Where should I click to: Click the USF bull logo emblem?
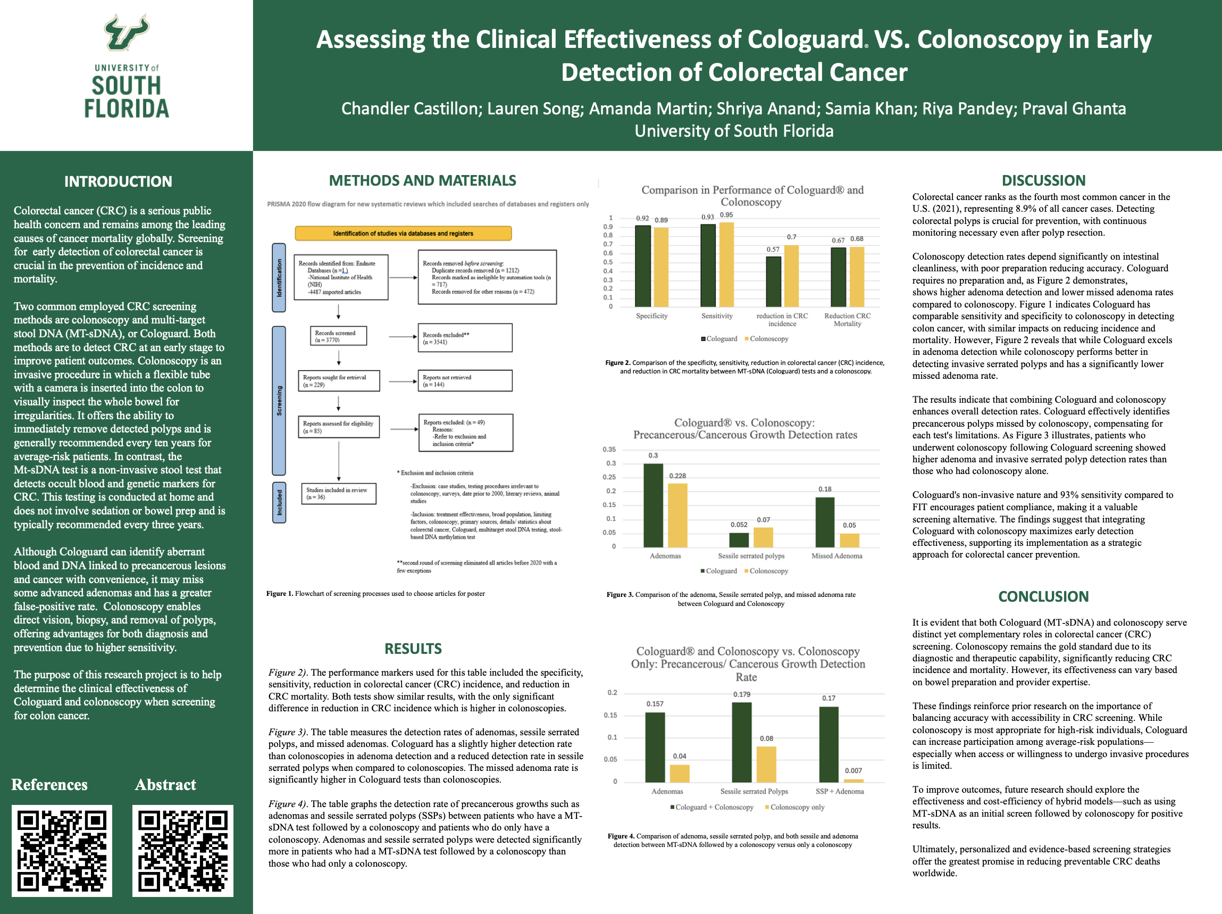[x=127, y=32]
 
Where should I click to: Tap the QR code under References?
[x=62, y=851]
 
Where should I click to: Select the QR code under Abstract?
[x=183, y=851]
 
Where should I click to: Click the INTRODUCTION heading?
[x=118, y=181]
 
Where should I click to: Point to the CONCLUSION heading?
[x=1043, y=596]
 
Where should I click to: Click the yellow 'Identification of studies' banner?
[x=403, y=233]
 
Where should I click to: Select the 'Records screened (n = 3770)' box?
[x=338, y=336]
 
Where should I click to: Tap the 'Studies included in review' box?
[x=338, y=494]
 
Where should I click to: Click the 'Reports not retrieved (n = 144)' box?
[x=465, y=381]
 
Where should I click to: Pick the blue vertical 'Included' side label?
[x=279, y=502]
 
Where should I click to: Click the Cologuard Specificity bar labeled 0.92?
[x=642, y=266]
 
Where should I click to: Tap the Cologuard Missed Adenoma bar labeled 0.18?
[x=825, y=522]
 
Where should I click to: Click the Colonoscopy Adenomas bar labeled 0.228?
[x=677, y=515]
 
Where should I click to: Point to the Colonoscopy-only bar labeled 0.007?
[x=853, y=780]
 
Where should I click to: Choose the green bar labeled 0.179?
[x=741, y=742]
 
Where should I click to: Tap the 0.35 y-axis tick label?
[x=609, y=449]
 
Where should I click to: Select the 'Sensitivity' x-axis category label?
[x=716, y=316]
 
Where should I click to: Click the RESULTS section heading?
[x=413, y=649]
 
